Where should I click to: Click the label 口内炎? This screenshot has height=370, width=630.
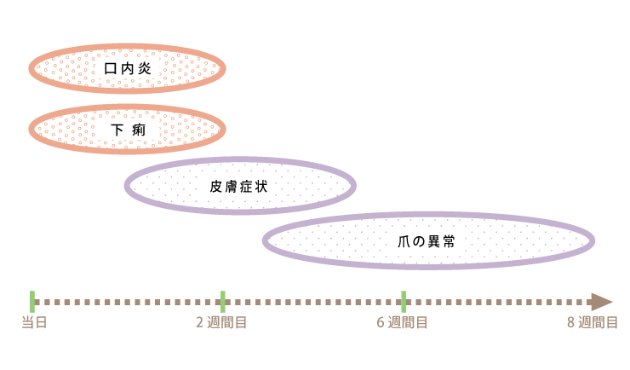click(127, 67)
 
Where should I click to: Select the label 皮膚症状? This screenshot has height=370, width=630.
click(239, 185)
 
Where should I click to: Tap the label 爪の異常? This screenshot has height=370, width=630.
click(427, 241)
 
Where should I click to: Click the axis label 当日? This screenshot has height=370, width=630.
click(34, 322)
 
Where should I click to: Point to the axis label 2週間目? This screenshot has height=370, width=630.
click(221, 322)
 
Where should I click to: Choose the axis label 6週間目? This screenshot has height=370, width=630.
click(402, 322)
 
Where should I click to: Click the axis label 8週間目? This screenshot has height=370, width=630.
click(593, 322)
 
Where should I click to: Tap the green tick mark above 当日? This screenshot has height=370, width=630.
click(32, 301)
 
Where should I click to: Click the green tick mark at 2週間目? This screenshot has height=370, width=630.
click(222, 301)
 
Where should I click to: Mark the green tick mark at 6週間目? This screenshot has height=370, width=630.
click(404, 301)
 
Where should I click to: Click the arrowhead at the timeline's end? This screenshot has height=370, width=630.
click(602, 302)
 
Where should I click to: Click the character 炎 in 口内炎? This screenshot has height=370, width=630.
click(144, 67)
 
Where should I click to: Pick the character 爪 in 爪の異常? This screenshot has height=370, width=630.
click(404, 241)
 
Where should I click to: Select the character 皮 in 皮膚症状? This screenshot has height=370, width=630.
click(217, 185)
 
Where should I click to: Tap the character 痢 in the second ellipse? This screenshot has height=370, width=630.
click(140, 130)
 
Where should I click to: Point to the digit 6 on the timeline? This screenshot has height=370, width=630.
click(381, 322)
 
